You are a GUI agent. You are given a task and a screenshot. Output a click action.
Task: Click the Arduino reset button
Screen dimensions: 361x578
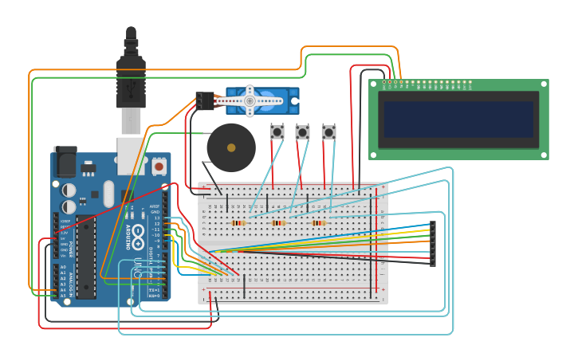point(159,167)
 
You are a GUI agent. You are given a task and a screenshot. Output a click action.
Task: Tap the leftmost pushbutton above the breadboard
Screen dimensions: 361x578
point(277,131)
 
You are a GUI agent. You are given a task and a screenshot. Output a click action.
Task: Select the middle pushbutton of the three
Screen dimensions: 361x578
point(302,131)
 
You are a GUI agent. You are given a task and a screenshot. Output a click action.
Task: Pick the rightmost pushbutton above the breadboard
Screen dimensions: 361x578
point(328,131)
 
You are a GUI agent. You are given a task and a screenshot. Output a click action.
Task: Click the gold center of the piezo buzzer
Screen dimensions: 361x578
point(231,147)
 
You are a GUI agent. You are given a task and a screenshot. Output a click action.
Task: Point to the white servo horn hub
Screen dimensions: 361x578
point(250,101)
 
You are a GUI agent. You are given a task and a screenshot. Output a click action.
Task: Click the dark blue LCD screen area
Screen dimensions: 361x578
point(458,119)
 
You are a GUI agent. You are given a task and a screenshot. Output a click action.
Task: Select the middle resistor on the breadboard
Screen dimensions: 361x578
point(278,223)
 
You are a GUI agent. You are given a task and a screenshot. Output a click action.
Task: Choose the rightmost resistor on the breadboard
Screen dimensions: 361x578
point(319,223)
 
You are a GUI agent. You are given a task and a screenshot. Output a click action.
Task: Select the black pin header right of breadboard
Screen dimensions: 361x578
point(433,243)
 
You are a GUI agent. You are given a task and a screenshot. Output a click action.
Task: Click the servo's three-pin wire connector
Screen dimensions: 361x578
point(205,101)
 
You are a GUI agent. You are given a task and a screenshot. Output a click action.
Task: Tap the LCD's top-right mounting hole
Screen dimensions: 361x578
point(543,84)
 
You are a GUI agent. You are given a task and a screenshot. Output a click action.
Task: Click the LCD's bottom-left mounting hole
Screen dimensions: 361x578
point(374,155)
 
